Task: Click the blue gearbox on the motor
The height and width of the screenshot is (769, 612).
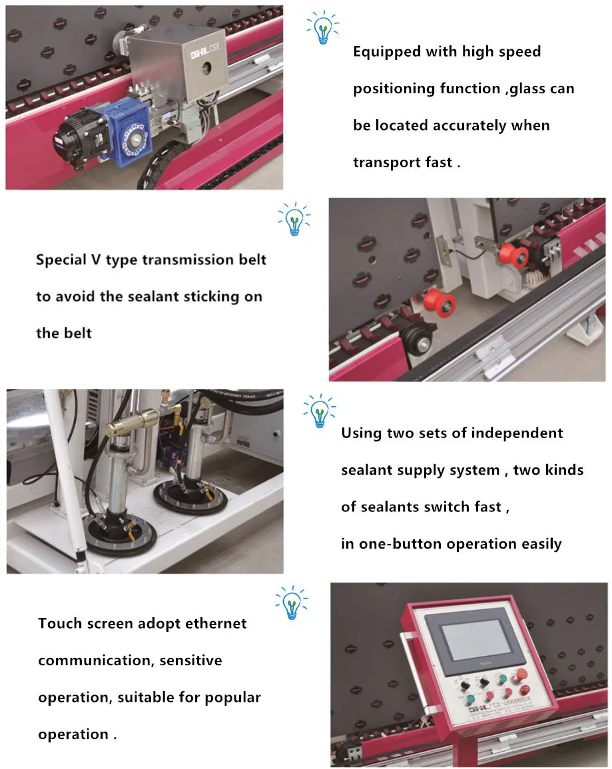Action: [131, 131]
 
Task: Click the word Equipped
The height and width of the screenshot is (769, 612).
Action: [384, 52]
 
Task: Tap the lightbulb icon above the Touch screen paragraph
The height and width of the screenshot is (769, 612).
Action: [291, 602]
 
